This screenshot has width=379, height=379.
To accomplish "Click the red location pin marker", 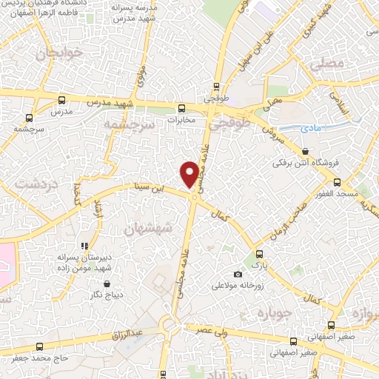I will click(x=189, y=174).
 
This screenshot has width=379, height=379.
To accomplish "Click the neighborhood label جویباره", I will click(x=271, y=314).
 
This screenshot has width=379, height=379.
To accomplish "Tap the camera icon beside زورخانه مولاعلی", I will click(x=238, y=275).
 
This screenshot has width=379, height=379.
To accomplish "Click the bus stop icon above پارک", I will click(x=258, y=253).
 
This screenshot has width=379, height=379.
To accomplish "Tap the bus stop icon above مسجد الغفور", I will click(x=337, y=181).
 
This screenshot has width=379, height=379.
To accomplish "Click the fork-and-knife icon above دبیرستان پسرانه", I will click(x=84, y=246).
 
